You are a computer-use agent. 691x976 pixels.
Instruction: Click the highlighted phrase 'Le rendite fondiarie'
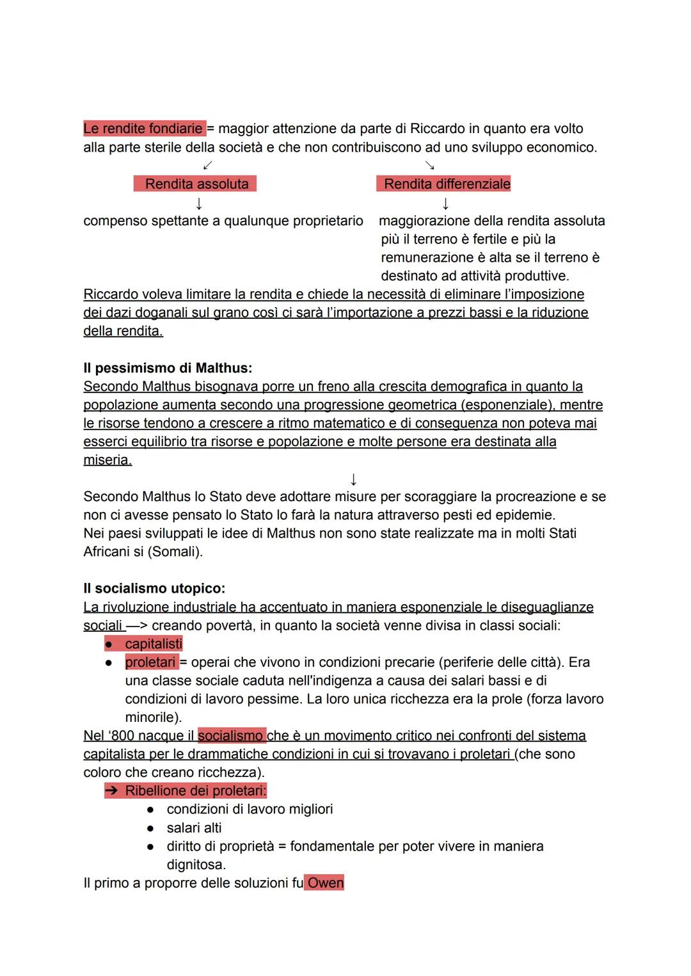click(x=143, y=129)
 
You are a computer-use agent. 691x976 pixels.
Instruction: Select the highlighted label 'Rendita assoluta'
click(x=196, y=184)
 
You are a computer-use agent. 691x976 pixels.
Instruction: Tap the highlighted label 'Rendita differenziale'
click(x=446, y=184)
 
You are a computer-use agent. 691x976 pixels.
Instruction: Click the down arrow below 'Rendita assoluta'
click(x=199, y=204)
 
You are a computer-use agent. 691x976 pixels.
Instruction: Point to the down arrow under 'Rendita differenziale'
click(x=445, y=204)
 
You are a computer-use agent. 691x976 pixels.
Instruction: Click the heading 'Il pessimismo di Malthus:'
click(x=168, y=368)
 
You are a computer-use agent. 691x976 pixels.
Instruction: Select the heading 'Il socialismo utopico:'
click(x=154, y=588)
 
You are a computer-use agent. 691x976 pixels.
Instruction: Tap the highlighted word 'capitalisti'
click(x=154, y=644)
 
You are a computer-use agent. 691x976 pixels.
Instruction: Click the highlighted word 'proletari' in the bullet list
click(x=150, y=662)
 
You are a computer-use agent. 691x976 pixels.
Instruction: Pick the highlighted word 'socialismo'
click(x=231, y=736)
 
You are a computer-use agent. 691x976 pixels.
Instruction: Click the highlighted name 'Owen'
click(x=325, y=883)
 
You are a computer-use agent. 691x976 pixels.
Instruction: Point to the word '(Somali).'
click(x=175, y=552)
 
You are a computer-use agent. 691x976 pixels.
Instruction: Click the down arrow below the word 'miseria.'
click(x=353, y=479)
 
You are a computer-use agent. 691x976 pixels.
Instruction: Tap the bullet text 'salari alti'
click(x=194, y=828)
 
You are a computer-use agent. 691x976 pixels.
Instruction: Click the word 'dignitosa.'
click(x=196, y=865)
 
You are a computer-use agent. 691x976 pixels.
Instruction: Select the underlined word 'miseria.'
click(x=107, y=460)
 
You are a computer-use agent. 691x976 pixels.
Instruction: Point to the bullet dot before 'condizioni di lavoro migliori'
click(x=150, y=810)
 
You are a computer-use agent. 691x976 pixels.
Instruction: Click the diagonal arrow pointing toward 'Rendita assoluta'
click(x=207, y=166)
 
